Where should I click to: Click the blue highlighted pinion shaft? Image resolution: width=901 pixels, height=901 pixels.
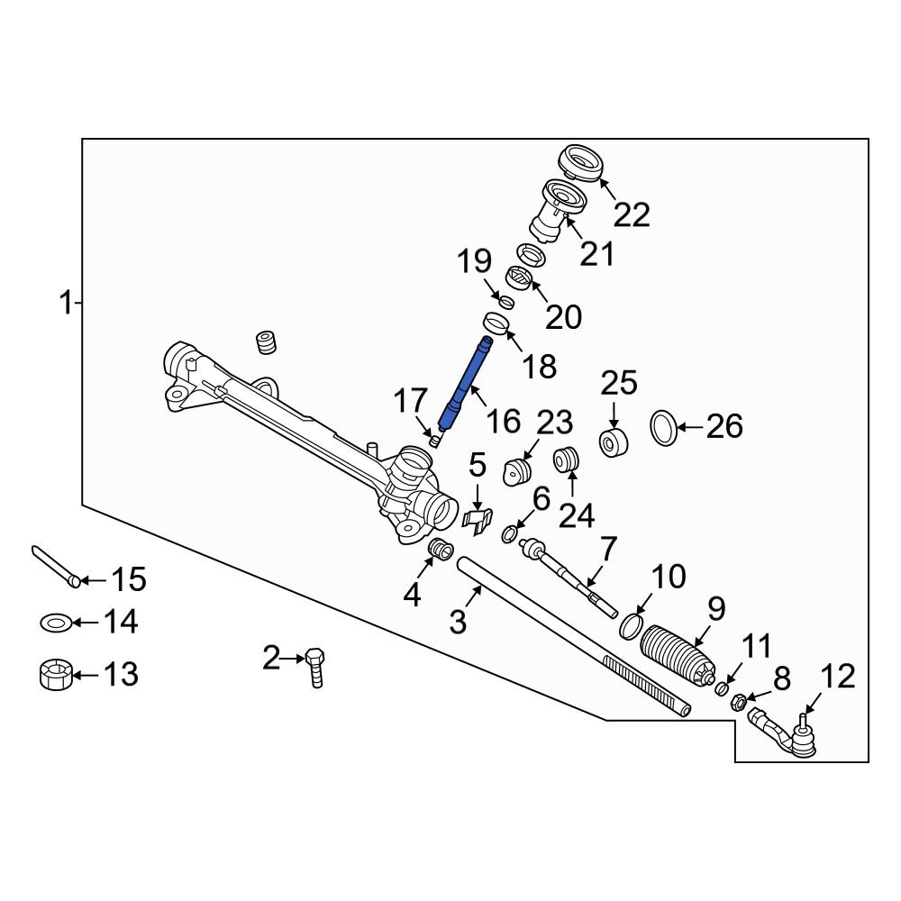click(x=465, y=382)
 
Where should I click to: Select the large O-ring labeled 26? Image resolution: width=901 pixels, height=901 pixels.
click(x=663, y=427)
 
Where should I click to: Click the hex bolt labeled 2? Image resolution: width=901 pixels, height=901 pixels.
click(x=314, y=666)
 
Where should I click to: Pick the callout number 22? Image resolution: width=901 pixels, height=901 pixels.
click(x=632, y=214)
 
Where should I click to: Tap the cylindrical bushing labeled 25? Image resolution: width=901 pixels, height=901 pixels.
click(x=614, y=443)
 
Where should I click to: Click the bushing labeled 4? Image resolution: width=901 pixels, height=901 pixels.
click(x=439, y=548)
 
